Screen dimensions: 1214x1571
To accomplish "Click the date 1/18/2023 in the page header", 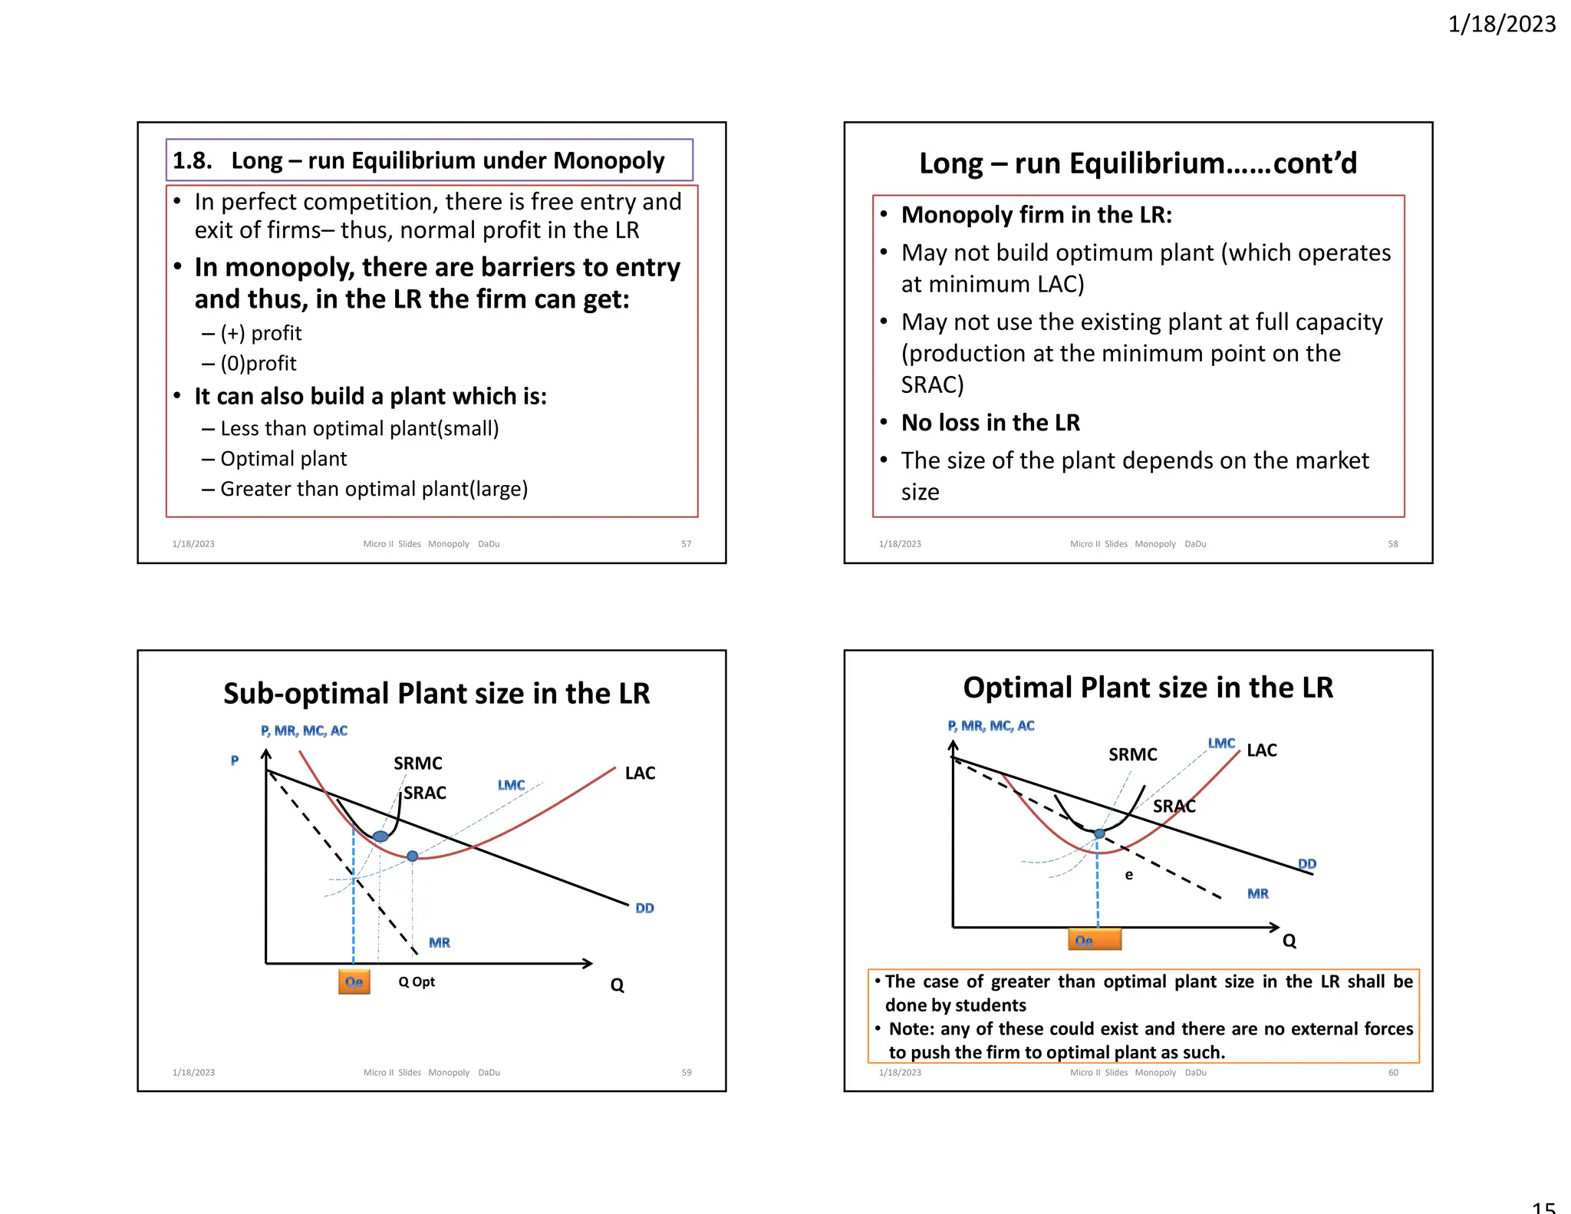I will coord(1501,24).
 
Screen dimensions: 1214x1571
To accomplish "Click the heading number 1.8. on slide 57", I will coord(192,160).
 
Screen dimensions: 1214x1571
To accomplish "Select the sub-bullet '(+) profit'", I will coord(261,333).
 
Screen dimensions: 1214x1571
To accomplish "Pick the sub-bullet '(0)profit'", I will coord(258,363).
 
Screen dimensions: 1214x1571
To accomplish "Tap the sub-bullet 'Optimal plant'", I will coord(283,459).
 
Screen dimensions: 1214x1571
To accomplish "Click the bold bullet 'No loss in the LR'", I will coord(990,423).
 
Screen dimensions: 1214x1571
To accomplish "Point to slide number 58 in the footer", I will coord(1392,544).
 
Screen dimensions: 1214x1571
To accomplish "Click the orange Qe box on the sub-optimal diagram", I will coord(354,982).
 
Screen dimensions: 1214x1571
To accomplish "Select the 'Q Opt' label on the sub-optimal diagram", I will coord(417,981).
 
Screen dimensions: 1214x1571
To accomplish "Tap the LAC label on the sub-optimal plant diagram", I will coord(640,774).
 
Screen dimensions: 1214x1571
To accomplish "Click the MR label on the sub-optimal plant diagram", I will coord(440,942).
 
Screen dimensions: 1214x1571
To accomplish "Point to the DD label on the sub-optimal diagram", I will coord(644,909).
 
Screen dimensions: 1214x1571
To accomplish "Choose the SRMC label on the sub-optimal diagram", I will coord(417,764).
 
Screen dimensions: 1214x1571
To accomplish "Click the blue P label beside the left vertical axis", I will coord(235,760).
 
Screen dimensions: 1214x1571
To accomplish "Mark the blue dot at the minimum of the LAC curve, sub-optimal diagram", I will coord(413,856).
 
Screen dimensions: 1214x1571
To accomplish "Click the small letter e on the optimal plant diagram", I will coord(1128,875).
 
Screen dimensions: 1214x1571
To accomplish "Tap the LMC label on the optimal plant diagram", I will coord(1221,743).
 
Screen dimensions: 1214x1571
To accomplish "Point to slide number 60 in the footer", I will coord(1393,1073).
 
